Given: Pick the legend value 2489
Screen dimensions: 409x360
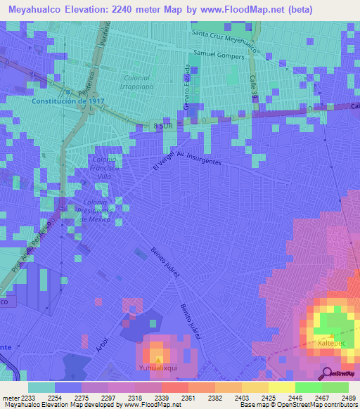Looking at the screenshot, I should (x=337, y=398).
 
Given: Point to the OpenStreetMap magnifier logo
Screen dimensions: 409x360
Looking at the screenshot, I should (x=328, y=373).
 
